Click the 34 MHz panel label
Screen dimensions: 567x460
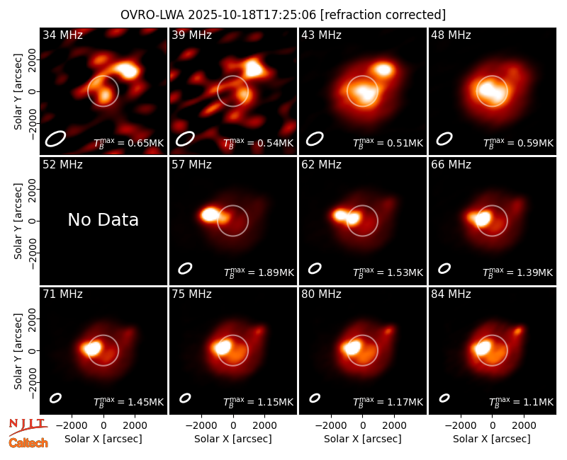pos(62,35)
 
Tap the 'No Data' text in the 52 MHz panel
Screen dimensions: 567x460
pos(103,219)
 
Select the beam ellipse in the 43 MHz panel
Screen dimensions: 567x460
pos(315,139)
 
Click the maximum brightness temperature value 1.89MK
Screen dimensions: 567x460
pos(276,272)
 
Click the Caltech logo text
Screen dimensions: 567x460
pos(28,443)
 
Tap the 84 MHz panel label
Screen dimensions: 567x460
pos(451,294)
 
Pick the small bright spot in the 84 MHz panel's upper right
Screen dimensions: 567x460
pos(518,330)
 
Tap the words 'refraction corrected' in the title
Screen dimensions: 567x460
pos(383,15)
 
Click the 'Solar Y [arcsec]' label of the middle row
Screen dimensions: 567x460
pos(18,221)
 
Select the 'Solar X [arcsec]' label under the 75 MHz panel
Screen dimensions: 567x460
pos(233,439)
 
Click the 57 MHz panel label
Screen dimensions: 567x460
pos(191,165)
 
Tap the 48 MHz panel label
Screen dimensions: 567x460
pos(451,35)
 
